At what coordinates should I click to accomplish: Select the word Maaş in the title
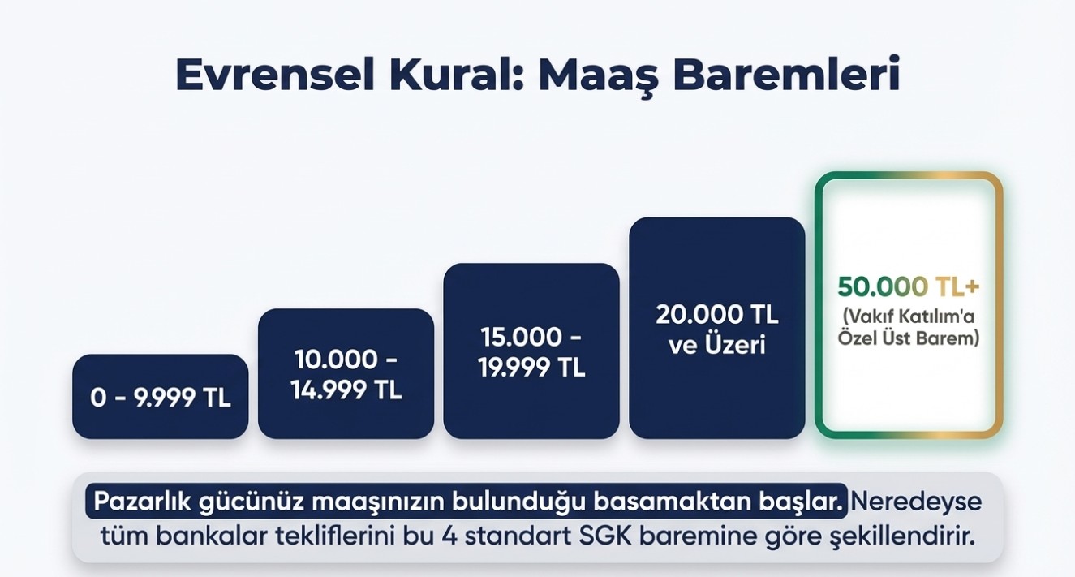(x=598, y=77)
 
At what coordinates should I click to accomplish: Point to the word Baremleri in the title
(x=786, y=75)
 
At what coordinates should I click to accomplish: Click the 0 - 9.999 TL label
(x=161, y=398)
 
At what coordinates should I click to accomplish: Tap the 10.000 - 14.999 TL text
(x=346, y=374)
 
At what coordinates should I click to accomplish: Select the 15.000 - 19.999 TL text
(x=531, y=352)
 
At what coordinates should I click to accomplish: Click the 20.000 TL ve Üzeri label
(x=717, y=329)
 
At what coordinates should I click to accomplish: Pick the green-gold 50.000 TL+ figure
(x=909, y=286)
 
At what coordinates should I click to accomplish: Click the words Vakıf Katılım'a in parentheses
(x=909, y=316)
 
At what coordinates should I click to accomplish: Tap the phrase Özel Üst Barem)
(x=909, y=338)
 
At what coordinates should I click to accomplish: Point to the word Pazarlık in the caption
(x=141, y=502)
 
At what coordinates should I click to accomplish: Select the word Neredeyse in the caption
(x=916, y=502)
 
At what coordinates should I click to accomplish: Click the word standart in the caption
(x=518, y=536)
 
